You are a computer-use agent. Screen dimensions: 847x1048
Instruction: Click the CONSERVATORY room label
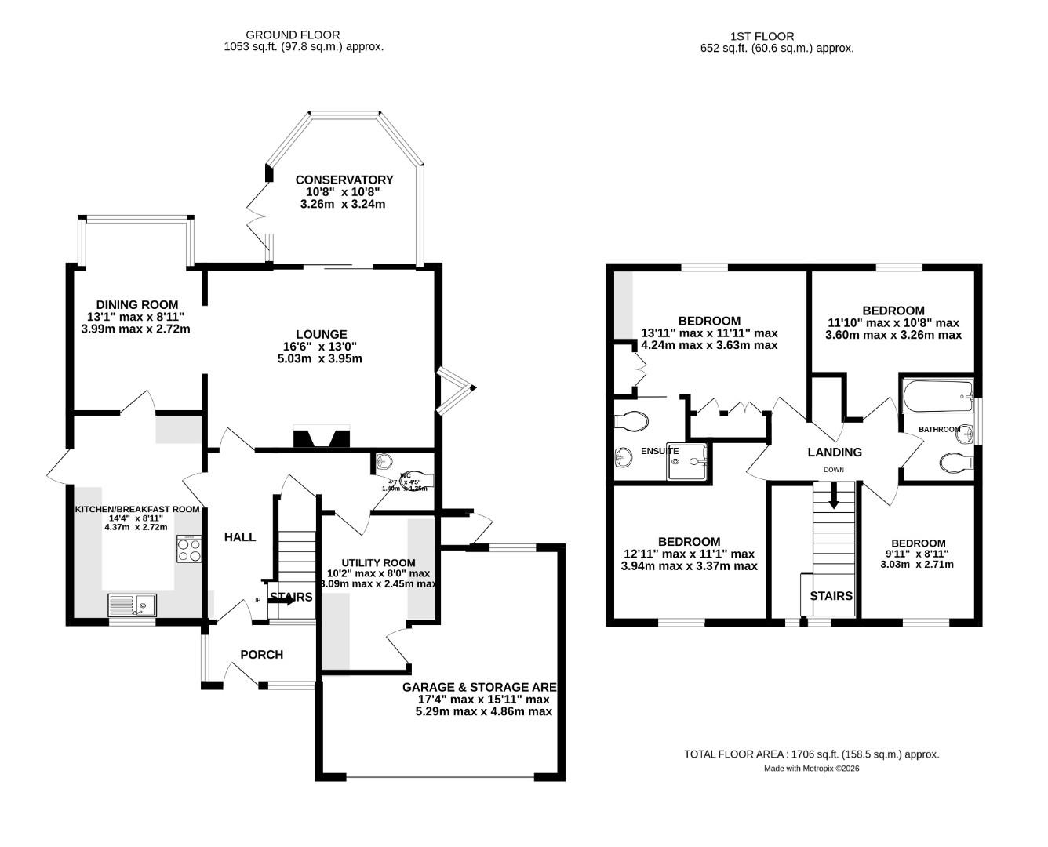point(344,180)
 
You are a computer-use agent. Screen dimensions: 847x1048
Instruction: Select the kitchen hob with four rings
point(190,548)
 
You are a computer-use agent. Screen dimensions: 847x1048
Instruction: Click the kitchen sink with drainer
point(133,605)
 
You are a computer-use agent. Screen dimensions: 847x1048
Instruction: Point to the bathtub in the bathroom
point(937,397)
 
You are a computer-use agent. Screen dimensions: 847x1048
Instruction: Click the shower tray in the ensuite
point(688,461)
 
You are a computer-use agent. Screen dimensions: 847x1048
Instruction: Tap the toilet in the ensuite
point(631,422)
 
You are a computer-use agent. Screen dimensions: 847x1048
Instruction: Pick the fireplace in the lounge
point(322,437)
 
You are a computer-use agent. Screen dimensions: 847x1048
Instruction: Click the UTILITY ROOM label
point(378,562)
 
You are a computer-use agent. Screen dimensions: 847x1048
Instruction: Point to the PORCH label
point(261,655)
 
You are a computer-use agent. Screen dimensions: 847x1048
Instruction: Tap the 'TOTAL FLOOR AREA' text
point(811,754)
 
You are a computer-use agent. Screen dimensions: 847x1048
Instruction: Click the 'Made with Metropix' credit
point(812,769)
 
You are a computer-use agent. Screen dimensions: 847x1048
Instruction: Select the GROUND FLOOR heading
point(293,35)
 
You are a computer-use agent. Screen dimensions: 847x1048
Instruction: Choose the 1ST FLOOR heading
point(762,36)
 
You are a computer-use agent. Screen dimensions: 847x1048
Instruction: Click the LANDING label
point(835,452)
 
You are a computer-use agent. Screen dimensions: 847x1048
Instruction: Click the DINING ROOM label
point(137,304)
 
